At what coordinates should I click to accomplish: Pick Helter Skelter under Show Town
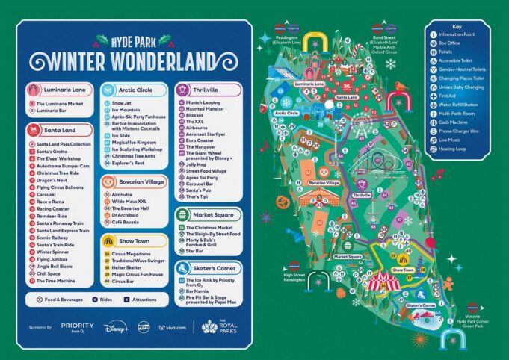(127, 267)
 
